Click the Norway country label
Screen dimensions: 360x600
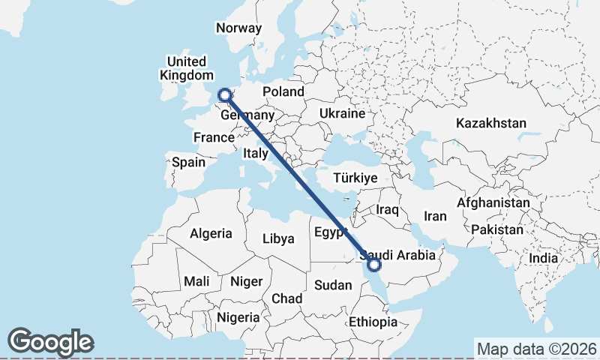click(238, 28)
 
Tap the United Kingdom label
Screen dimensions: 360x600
click(187, 68)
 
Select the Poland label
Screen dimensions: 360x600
click(283, 91)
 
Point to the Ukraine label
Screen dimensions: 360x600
click(341, 113)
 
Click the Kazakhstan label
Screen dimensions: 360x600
click(490, 123)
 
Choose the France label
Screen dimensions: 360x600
click(214, 137)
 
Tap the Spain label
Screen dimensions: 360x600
click(188, 161)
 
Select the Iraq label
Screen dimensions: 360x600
click(387, 208)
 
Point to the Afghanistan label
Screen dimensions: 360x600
click(493, 202)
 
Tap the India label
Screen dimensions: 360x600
click(543, 258)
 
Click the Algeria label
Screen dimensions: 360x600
click(211, 233)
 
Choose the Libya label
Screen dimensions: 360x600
click(278, 239)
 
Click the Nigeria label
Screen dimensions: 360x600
click(237, 317)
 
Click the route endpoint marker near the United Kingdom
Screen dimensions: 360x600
click(223, 94)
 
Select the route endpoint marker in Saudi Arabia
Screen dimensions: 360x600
click(373, 264)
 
